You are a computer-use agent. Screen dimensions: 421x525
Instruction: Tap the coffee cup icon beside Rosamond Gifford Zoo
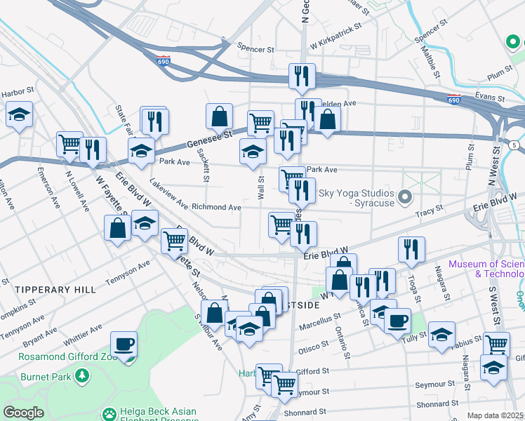pos(125,345)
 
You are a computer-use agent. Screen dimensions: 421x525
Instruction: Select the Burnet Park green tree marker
pos(83,377)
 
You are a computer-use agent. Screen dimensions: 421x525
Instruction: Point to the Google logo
pos(23,413)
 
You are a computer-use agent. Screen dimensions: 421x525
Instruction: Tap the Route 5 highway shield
pos(514,145)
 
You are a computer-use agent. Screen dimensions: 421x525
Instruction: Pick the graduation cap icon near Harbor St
pos(19,114)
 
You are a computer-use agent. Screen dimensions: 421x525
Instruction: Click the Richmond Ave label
pos(216,208)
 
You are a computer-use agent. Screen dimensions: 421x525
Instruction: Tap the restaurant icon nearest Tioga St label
pos(411,249)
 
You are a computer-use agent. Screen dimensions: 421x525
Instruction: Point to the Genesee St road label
pos(208,137)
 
